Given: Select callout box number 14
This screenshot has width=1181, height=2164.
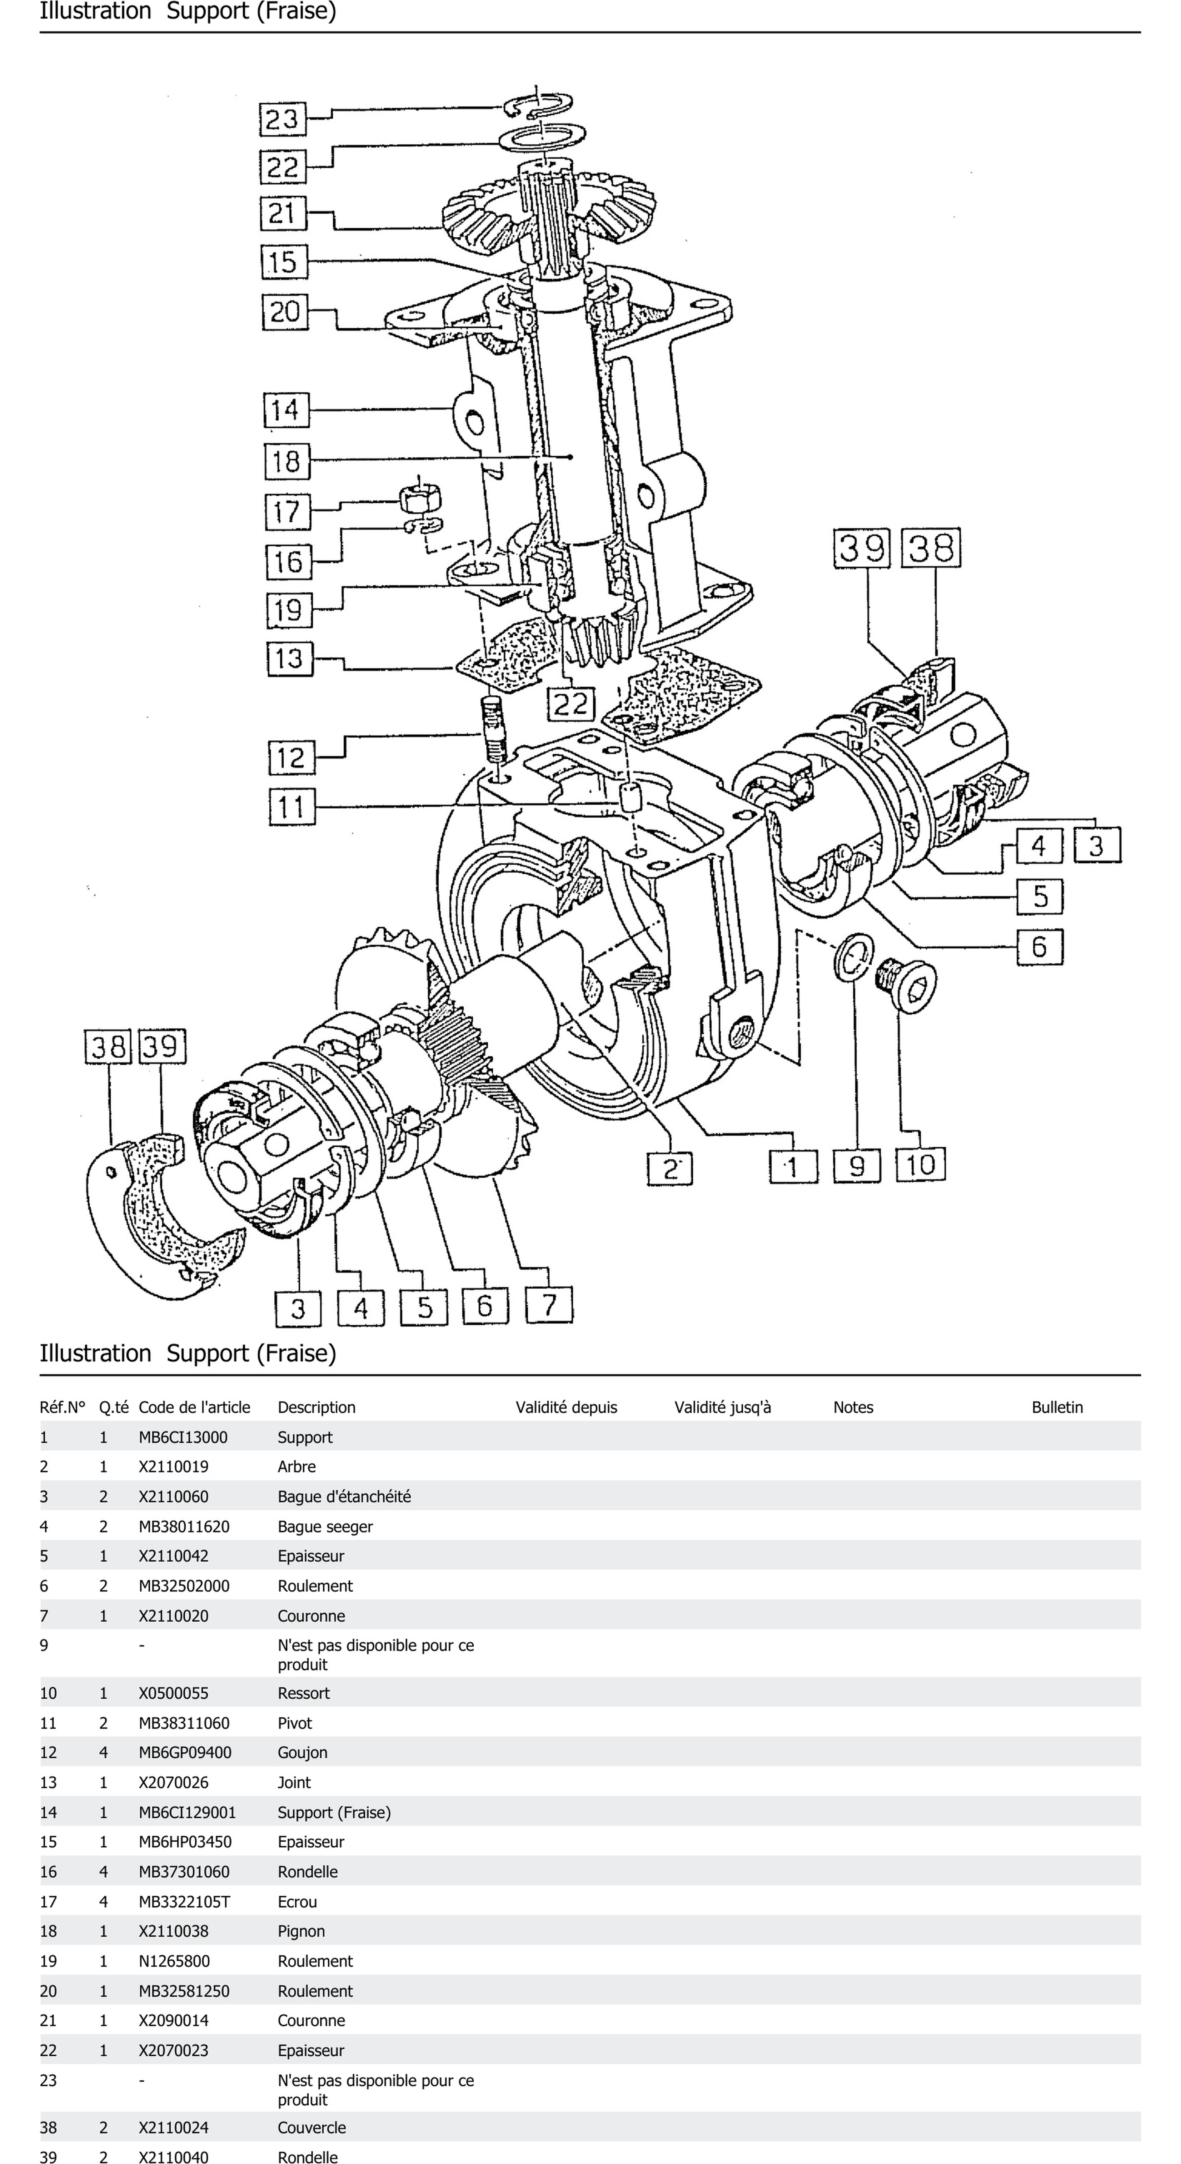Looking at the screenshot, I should (285, 410).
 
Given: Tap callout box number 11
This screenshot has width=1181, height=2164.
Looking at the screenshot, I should (291, 807).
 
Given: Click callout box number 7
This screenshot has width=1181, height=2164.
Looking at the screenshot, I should (549, 1305).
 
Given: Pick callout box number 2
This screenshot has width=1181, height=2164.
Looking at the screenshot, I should (669, 1168).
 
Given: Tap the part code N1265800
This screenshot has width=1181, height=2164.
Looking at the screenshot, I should (174, 1961).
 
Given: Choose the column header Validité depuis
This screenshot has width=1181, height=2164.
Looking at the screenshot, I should (566, 1407).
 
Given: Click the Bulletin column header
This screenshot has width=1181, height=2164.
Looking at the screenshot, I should (1057, 1407).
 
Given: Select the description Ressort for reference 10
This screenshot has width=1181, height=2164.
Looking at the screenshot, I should (303, 1693).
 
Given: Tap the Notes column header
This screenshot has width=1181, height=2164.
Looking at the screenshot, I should (853, 1407).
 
